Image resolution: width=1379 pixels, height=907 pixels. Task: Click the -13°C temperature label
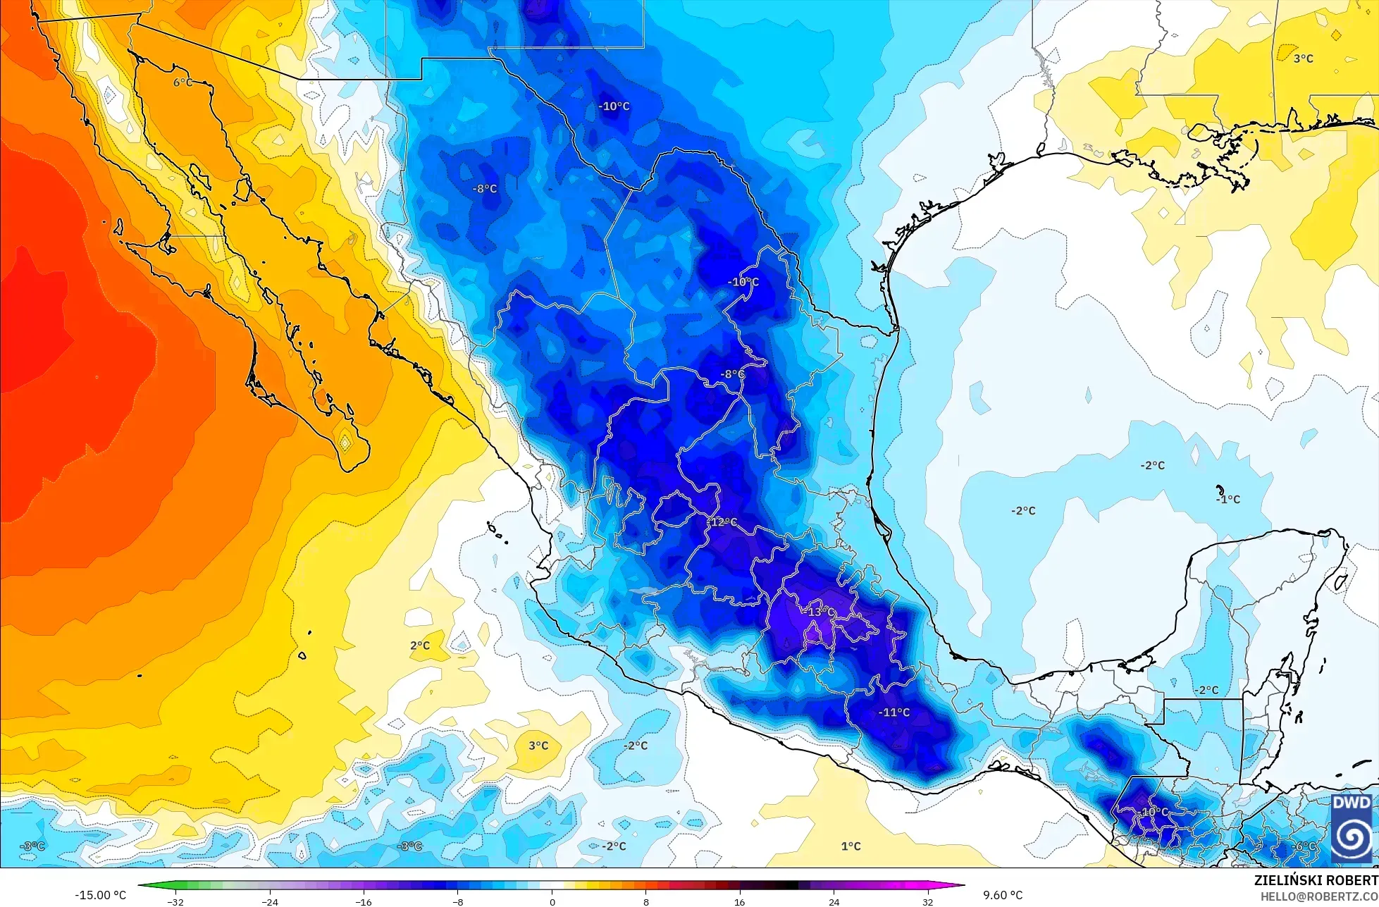818,612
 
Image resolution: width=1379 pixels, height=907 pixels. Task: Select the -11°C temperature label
893,712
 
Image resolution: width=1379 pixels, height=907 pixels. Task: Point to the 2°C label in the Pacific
420,646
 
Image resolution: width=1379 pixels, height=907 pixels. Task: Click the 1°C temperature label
851,846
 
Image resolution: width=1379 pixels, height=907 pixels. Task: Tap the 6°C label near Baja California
183,82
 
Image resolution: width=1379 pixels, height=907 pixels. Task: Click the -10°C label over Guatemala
1153,812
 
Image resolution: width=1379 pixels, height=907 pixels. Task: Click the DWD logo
1352,829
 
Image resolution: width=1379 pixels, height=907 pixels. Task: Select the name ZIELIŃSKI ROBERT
1316,880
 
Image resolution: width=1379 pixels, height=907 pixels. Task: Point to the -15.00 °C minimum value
101,895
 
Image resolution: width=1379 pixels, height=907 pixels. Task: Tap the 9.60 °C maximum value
1003,895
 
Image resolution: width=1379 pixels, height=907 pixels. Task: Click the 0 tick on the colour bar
552,901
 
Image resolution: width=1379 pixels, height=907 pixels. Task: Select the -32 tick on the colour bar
175,901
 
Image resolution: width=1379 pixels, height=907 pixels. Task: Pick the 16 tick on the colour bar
740,901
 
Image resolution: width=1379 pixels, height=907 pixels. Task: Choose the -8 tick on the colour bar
458,901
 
